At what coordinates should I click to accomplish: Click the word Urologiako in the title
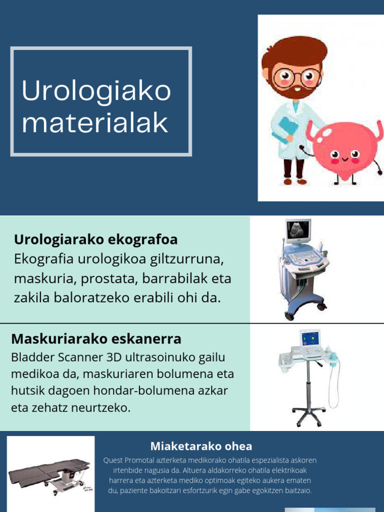point(96,91)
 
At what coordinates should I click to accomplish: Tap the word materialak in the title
point(95,123)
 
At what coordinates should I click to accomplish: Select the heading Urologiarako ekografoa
point(95,239)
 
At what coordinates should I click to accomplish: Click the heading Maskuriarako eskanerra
point(96,339)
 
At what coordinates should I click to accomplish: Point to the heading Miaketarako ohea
point(201,446)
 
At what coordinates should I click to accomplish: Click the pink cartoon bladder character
point(345,150)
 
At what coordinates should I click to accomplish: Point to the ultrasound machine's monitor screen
point(298,229)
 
